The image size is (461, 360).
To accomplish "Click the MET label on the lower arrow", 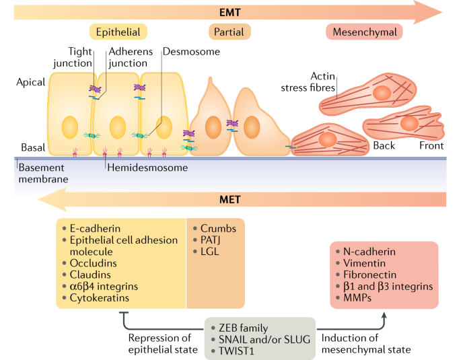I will pos(229,199).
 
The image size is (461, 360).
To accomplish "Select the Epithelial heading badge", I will pos(118,32).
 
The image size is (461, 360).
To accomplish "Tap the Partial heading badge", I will pos(229,32).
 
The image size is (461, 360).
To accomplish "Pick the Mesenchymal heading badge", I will pos(364,32).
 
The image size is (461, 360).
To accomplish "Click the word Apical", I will pos(31,82).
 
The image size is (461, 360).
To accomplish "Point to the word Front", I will pos(431,145).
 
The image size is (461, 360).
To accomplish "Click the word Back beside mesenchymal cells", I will pos(384,145).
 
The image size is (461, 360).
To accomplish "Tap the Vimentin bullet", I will pos(364,263).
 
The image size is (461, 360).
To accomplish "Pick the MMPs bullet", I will pos(358,297).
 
